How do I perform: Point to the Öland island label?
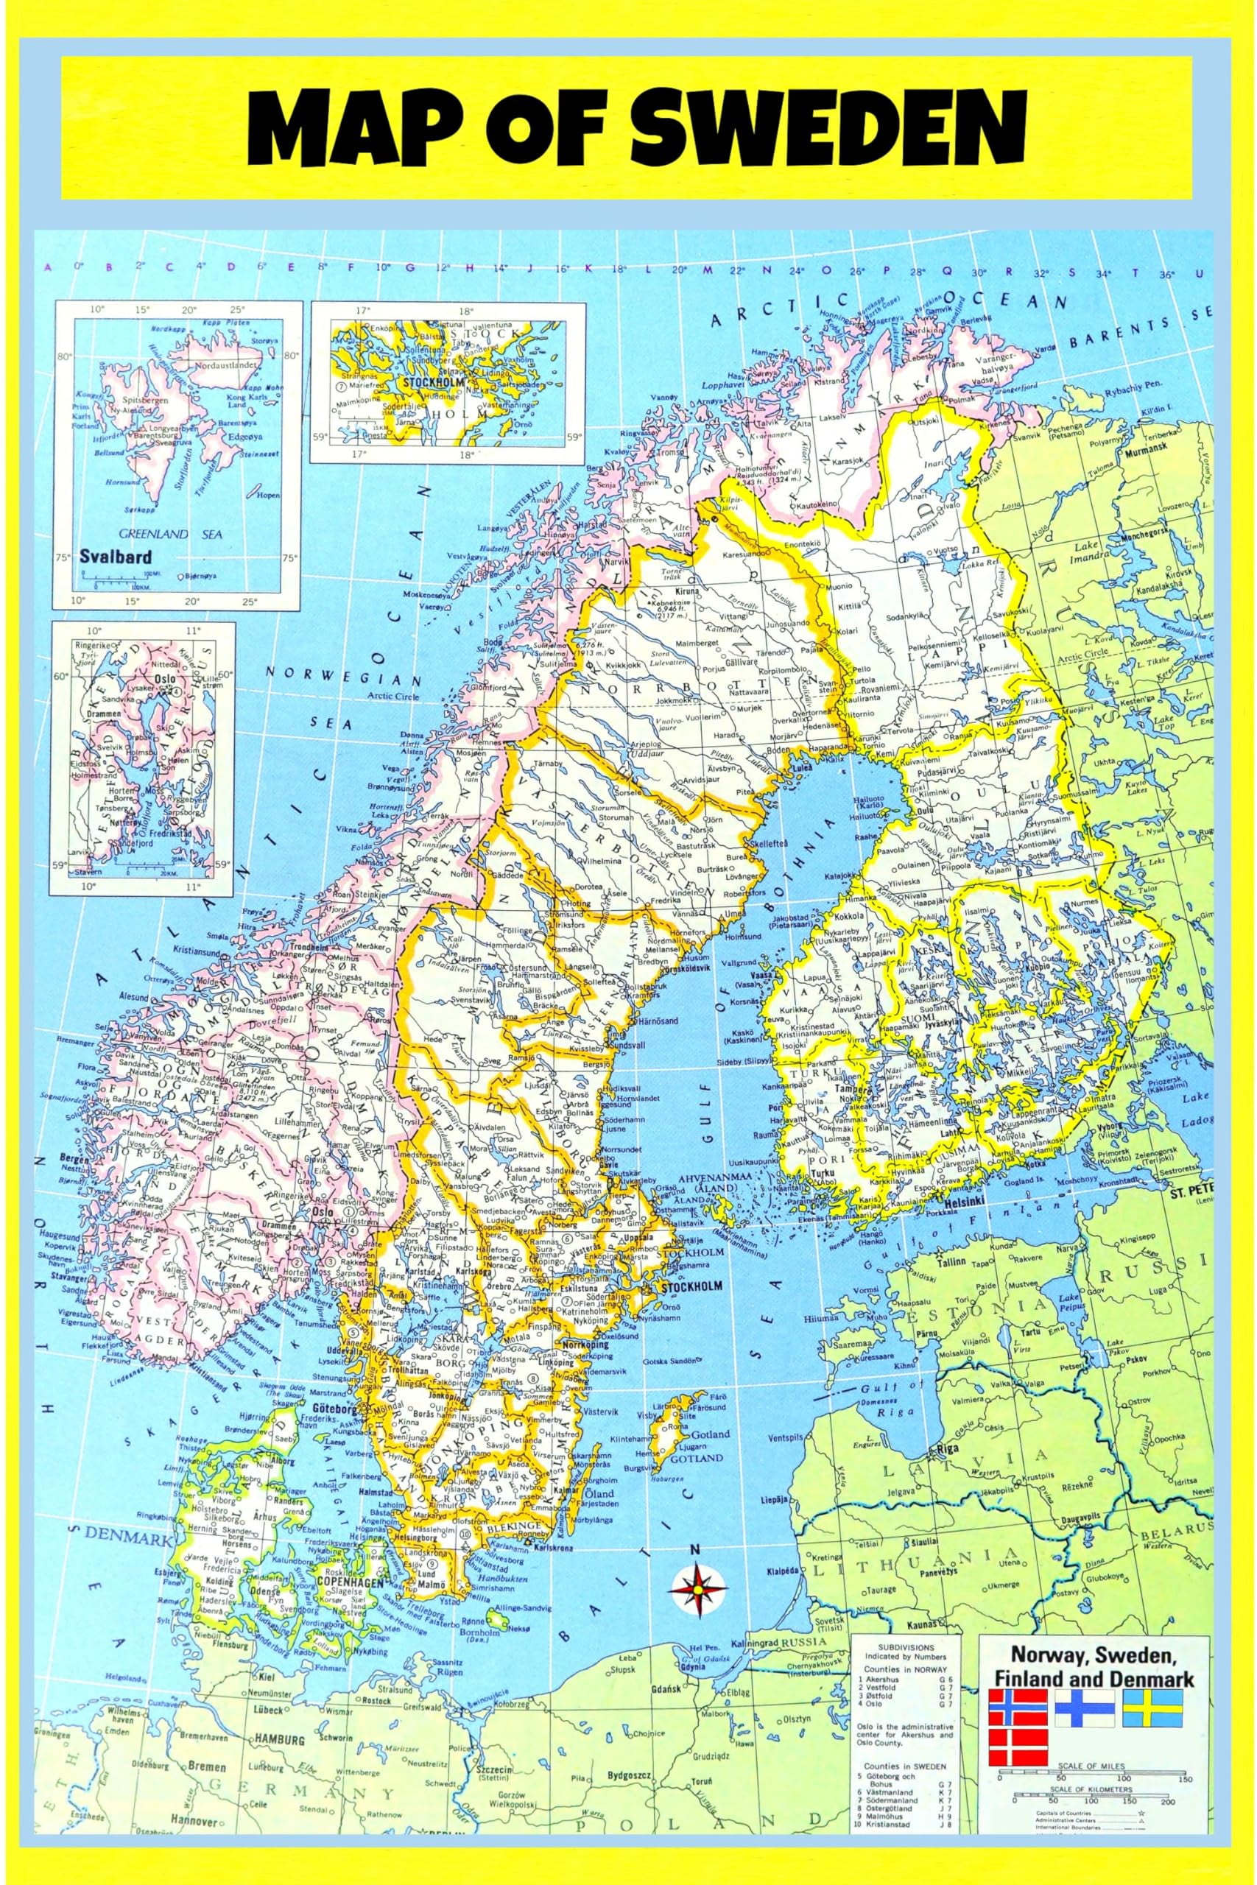pyautogui.click(x=603, y=1494)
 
